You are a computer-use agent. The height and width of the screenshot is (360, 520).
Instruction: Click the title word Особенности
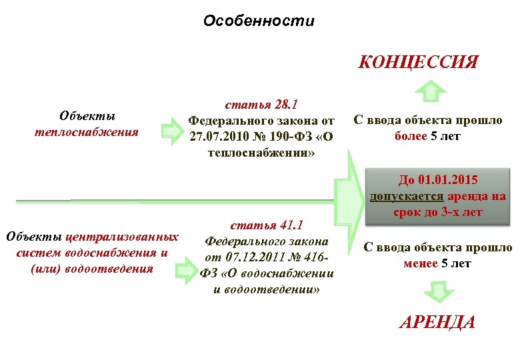tap(259, 21)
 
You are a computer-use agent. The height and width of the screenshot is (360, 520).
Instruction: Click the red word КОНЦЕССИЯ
tap(418, 63)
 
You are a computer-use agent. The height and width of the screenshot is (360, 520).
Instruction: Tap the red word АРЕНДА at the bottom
tap(437, 323)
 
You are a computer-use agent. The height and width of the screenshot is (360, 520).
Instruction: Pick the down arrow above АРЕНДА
tap(436, 291)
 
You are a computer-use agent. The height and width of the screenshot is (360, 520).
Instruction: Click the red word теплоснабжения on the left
tap(87, 131)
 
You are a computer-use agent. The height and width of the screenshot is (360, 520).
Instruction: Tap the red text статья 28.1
tap(261, 105)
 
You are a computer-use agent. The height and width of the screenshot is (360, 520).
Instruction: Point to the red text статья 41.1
tap(266, 225)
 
